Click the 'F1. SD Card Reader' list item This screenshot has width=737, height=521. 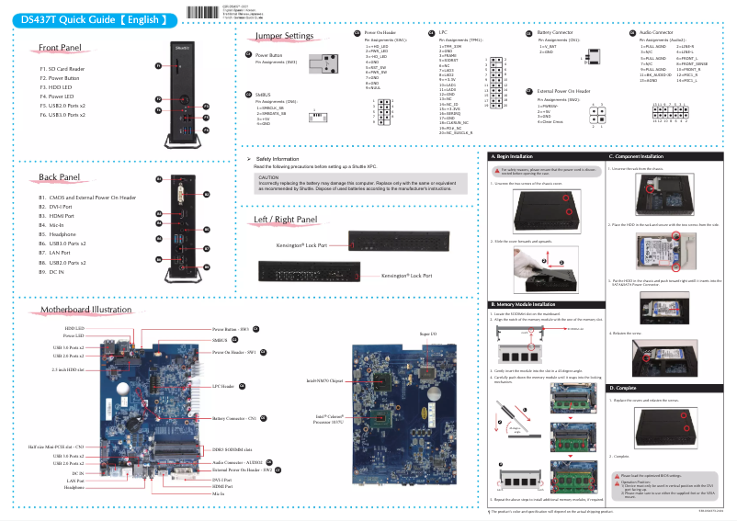(x=62, y=69)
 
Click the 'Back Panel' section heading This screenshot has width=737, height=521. (x=60, y=177)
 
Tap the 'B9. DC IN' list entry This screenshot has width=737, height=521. (x=51, y=273)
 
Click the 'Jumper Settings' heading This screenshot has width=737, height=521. (x=284, y=36)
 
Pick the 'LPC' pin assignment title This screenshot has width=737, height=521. (x=443, y=32)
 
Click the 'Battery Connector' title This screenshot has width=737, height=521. (x=554, y=32)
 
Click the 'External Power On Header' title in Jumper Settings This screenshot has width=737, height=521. (x=563, y=92)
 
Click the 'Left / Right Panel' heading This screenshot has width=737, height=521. (x=284, y=221)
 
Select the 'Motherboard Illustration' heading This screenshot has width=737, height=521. (x=86, y=310)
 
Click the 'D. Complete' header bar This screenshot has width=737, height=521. (x=625, y=389)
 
